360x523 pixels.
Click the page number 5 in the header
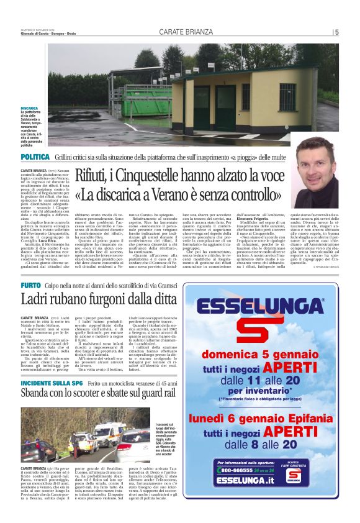336,32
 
